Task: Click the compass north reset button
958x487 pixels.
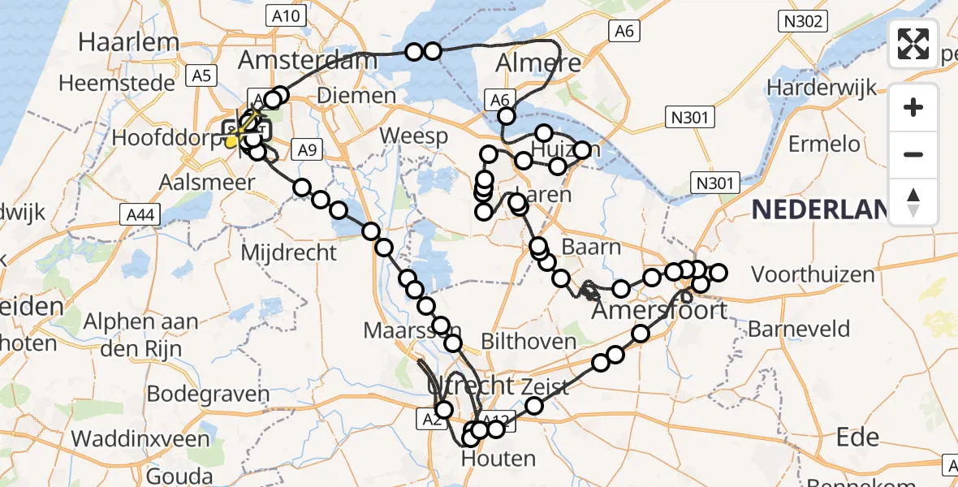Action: [913, 202]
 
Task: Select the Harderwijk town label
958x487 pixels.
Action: [822, 86]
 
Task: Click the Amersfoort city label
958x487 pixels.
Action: [659, 310]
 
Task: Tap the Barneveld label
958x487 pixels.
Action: [799, 330]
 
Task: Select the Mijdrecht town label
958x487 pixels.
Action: [288, 252]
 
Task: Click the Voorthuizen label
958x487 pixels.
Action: [813, 274]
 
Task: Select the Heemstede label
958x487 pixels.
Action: [116, 83]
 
